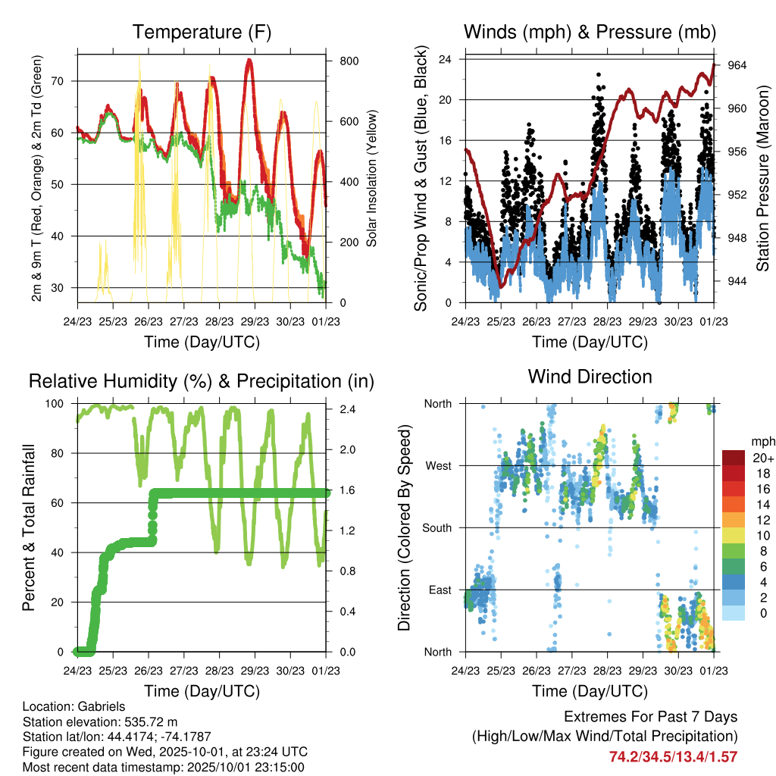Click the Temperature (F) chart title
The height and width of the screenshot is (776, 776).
pyautogui.click(x=202, y=33)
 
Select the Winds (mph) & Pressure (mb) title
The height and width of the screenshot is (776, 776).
pyautogui.click(x=590, y=33)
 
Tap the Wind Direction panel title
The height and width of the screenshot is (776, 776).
pyautogui.click(x=590, y=377)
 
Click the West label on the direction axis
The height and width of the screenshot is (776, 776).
pyautogui.click(x=438, y=466)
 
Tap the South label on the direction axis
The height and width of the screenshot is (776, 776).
pyautogui.click(x=436, y=528)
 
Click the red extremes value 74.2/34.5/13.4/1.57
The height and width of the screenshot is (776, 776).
pyautogui.click(x=673, y=756)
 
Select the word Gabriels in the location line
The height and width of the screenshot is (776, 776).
pyautogui.click(x=98, y=706)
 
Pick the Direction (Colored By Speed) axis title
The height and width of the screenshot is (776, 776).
pyautogui.click(x=404, y=527)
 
